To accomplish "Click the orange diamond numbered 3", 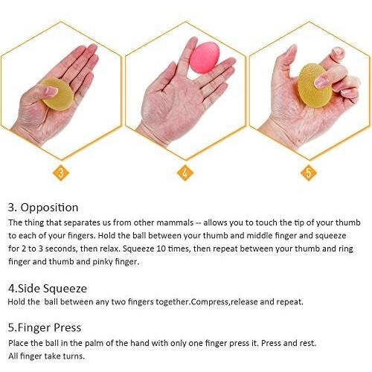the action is [x=61, y=173].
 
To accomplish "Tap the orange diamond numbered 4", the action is [x=185, y=173].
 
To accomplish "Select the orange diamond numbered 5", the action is [x=309, y=173].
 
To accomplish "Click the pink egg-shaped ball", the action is [x=205, y=57].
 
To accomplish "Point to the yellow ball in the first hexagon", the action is [x=57, y=94].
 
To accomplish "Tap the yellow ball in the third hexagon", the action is [x=315, y=86].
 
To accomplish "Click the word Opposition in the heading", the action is [x=49, y=208].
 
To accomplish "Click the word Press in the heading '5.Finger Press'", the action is [x=68, y=327].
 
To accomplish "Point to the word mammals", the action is [x=175, y=222].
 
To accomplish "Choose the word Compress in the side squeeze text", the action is [x=210, y=302].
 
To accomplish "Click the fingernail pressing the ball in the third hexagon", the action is [x=321, y=81].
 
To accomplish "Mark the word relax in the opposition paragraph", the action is [x=109, y=248].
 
